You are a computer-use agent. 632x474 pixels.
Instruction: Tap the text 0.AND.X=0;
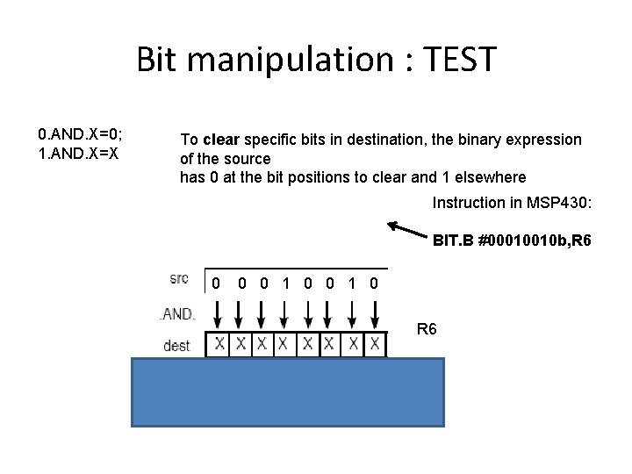point(80,134)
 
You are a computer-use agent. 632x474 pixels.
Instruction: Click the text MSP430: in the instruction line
point(559,203)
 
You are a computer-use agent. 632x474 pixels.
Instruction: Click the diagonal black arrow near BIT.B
point(407,229)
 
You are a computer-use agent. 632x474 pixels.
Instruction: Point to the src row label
point(178,279)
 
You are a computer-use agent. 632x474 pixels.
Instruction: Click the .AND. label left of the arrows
point(177,313)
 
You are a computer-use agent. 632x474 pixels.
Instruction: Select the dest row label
point(177,346)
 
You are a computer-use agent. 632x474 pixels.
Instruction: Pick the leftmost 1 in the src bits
point(285,284)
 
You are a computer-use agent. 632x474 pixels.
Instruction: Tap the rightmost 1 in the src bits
point(352,284)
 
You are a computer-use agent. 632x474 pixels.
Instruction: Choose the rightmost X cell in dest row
point(375,344)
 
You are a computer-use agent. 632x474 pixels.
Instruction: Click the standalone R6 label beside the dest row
point(427,329)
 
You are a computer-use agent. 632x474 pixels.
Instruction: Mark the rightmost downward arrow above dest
point(375,314)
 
